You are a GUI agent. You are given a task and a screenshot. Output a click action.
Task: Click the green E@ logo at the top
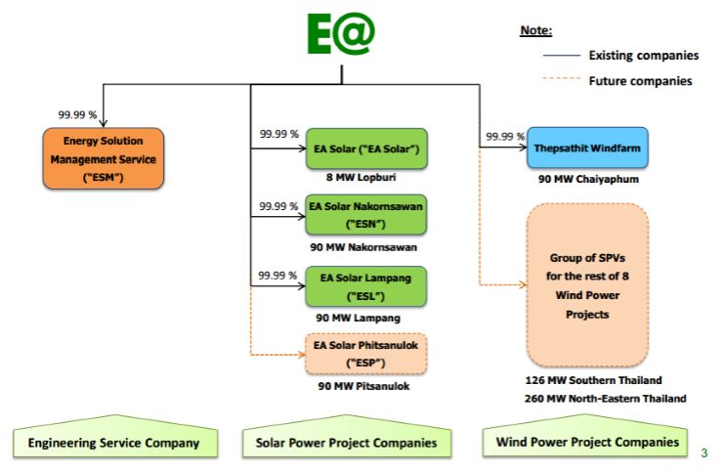[x=340, y=36]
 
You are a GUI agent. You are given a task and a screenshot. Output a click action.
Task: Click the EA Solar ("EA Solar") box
[x=366, y=150]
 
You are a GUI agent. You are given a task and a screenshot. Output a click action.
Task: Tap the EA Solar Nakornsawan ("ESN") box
[x=366, y=216]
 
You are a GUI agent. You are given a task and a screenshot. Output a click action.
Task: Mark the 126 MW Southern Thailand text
[x=593, y=380]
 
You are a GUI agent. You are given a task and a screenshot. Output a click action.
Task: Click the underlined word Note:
[x=535, y=30]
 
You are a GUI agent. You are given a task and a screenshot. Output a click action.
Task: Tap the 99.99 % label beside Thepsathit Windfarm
[x=505, y=136]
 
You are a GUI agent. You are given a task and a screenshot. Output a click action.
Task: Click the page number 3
[x=704, y=452]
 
